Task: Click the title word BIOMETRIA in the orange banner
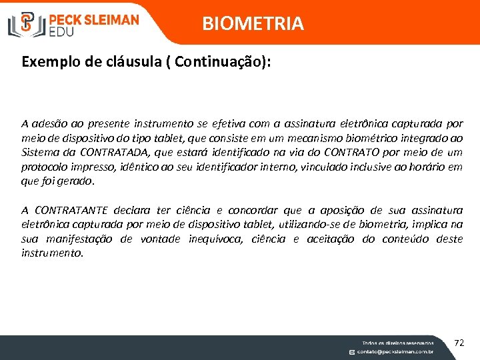click(253, 24)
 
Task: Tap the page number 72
click(459, 343)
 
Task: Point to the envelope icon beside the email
click(351, 351)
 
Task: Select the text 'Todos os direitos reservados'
click(397, 342)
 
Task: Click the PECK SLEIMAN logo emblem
click(26, 23)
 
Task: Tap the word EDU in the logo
click(62, 31)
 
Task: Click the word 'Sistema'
click(40, 153)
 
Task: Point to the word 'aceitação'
click(331, 239)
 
